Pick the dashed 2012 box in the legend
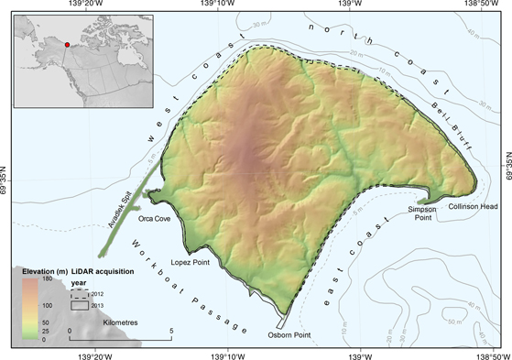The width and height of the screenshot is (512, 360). (x=80, y=292)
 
